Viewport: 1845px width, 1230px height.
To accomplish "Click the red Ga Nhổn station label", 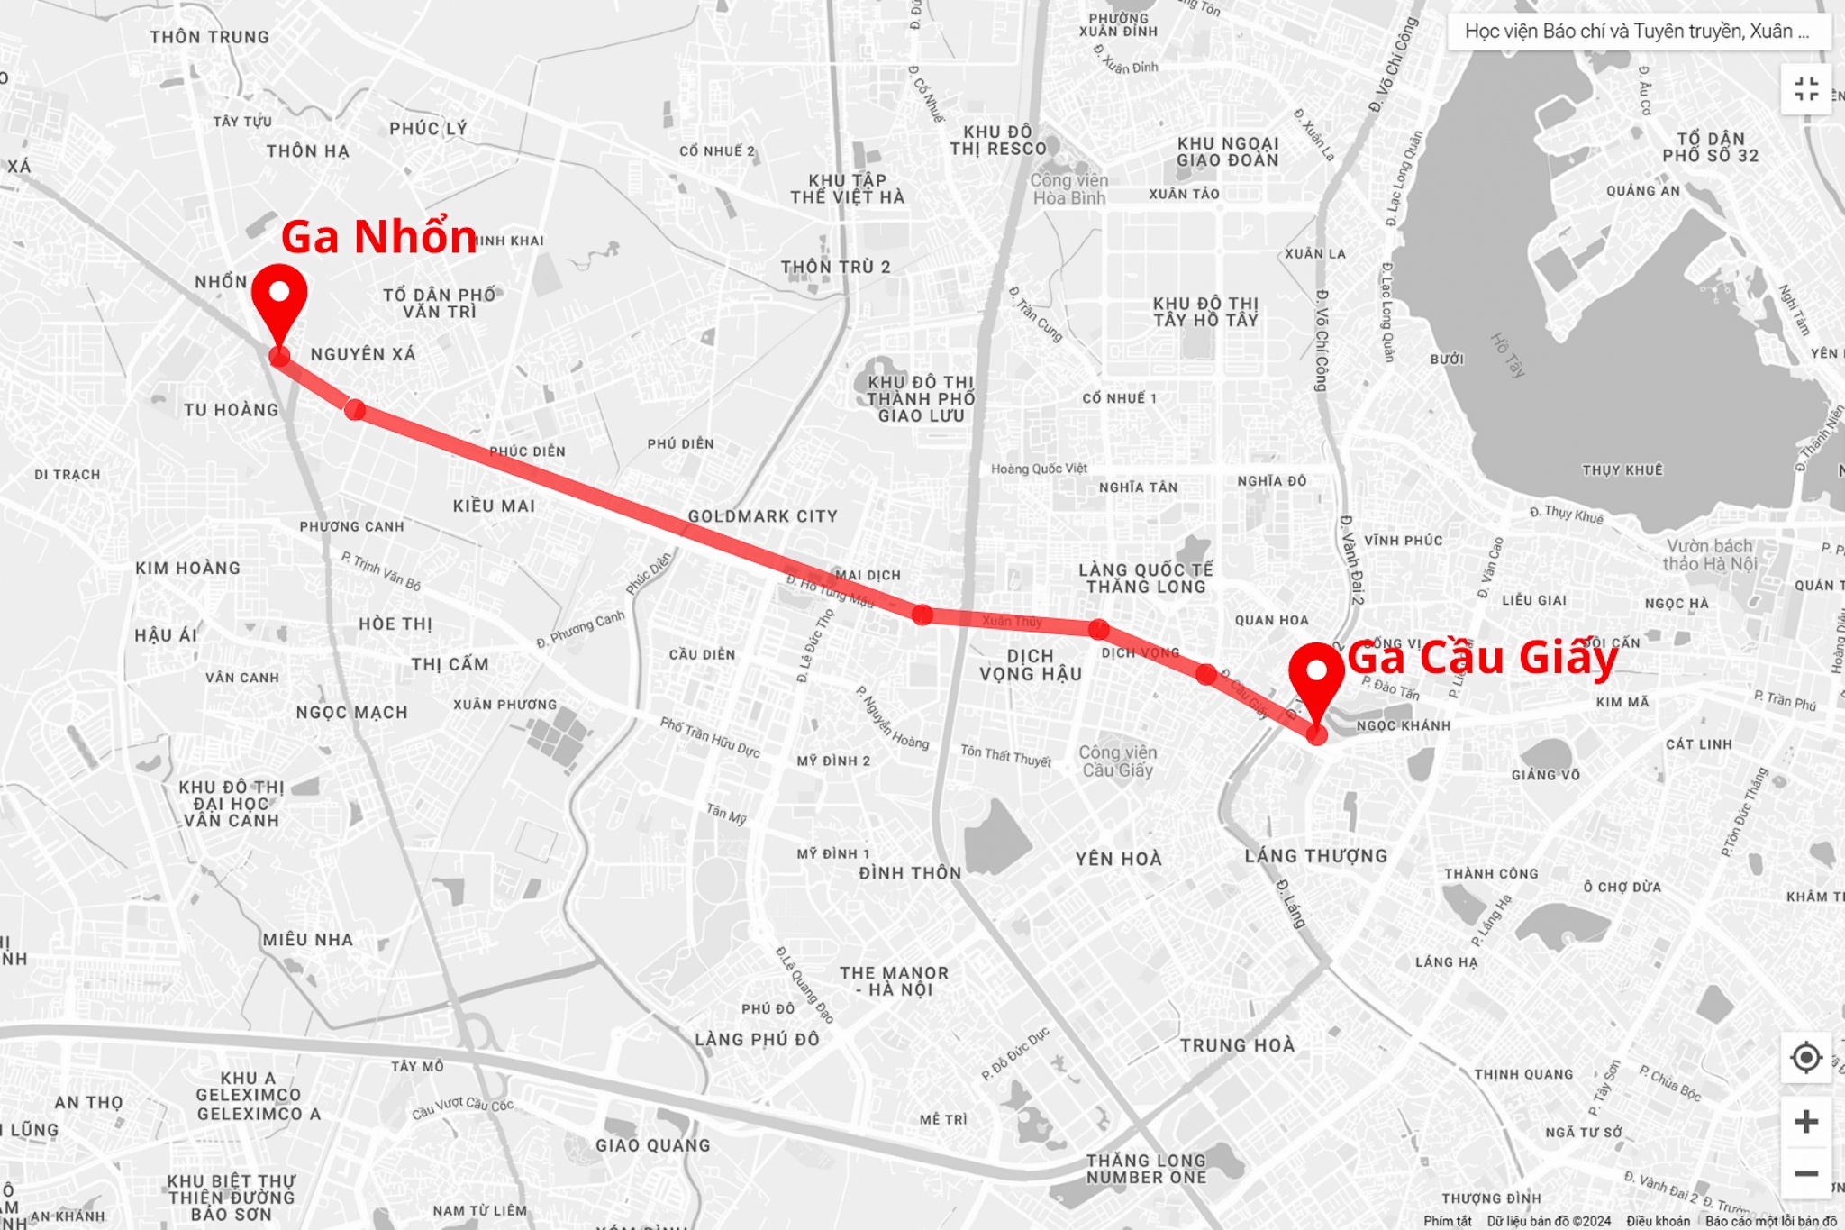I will click(x=378, y=237).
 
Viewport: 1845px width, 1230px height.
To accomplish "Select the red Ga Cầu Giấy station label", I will click(x=1482, y=658).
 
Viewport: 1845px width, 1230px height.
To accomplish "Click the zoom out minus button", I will click(x=1805, y=1172).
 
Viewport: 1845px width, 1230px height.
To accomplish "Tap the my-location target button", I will click(x=1805, y=1057).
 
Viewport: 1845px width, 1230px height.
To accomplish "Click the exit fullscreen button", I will click(x=1805, y=89).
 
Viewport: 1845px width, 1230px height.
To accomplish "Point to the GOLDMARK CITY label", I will click(x=762, y=516).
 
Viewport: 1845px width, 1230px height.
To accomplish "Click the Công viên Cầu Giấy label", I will click(x=1117, y=761).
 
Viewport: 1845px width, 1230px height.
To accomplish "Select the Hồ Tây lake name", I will click(x=1506, y=355).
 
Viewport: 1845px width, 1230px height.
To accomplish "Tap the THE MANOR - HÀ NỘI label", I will click(x=894, y=981).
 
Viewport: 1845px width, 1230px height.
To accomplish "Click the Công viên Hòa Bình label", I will click(x=1068, y=188).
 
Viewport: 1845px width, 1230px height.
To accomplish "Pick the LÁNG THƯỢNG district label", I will click(x=1315, y=856).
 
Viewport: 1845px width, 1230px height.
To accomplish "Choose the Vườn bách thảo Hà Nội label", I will click(x=1709, y=554).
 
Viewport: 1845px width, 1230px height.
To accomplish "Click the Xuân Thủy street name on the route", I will click(x=1012, y=621).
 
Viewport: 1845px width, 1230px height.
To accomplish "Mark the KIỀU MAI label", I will click(x=494, y=506).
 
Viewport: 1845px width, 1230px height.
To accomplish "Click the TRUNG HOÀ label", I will click(x=1237, y=1045).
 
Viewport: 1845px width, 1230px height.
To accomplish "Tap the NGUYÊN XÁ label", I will click(x=363, y=354).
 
